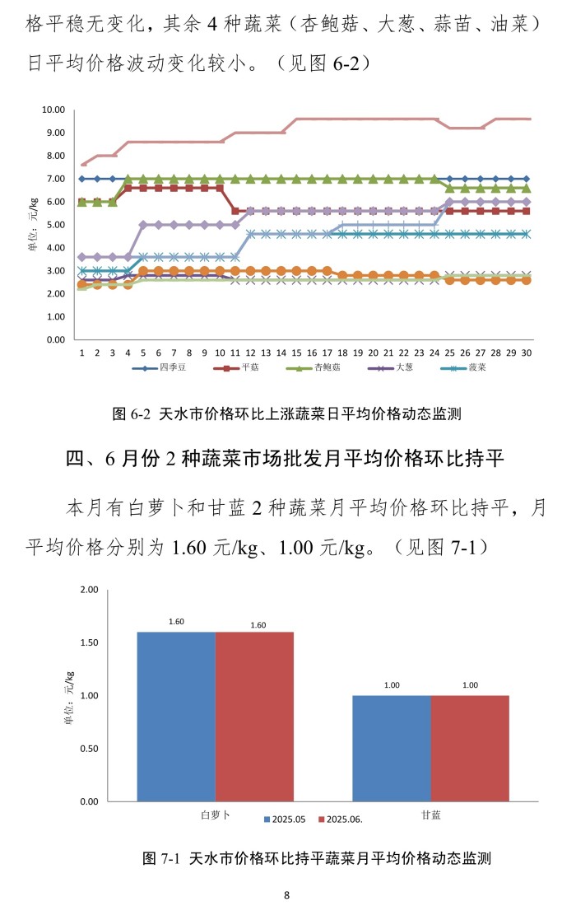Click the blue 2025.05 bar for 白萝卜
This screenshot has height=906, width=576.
point(176,717)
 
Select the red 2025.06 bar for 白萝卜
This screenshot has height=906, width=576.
point(254,717)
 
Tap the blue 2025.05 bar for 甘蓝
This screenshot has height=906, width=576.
point(391,748)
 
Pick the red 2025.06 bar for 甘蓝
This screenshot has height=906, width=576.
point(470,748)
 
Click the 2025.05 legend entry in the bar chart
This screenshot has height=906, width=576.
point(285,820)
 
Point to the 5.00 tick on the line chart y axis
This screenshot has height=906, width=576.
point(56,225)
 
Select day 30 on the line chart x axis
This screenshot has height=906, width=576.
point(527,351)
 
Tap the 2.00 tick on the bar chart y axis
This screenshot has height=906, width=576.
point(88,590)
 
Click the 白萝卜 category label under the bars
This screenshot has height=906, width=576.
point(216,814)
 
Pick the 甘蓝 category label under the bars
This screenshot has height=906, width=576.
point(430,814)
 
